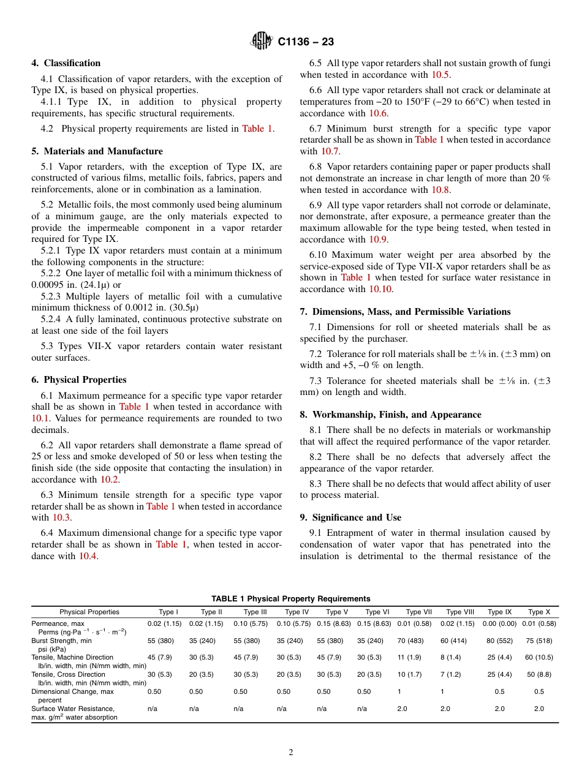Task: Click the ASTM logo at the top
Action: tap(262, 42)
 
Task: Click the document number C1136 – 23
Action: tap(305, 42)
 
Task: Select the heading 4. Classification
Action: tap(66, 63)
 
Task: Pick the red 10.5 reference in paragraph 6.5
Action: tap(440, 75)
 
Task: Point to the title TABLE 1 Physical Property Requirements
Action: tap(291, 599)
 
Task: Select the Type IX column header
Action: tap(499, 612)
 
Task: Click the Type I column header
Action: tap(168, 612)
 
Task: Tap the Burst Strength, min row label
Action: tap(62, 641)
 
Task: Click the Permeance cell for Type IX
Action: tap(499, 623)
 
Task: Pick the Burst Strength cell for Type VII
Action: tap(418, 641)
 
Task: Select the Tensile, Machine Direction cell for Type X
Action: tap(539, 658)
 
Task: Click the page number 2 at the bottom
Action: tap(291, 753)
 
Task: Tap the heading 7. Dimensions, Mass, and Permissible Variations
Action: tap(405, 312)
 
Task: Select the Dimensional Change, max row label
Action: tap(72, 691)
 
